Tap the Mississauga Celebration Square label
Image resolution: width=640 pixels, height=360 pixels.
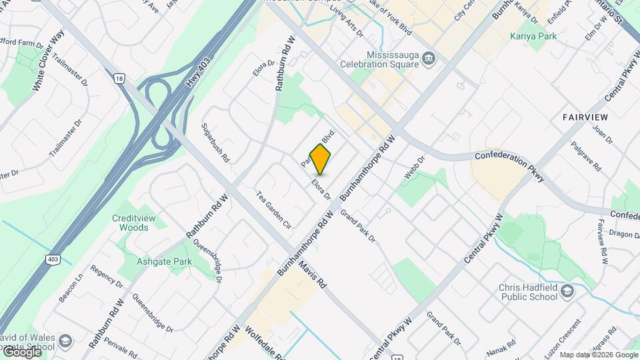(393, 59)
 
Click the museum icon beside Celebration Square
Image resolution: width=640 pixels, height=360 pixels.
(429, 59)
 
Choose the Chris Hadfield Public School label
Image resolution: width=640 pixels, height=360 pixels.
(531, 293)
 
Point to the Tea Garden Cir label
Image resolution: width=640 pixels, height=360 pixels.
(274, 211)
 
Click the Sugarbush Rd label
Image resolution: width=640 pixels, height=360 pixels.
(215, 143)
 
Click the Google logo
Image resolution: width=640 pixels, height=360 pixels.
(22, 351)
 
